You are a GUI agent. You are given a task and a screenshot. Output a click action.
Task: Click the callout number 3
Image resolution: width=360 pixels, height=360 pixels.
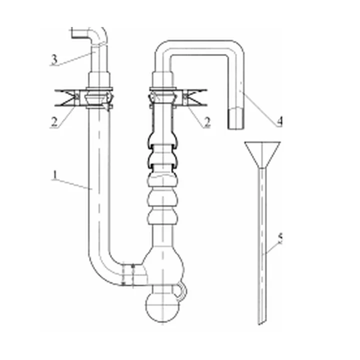click(x=54, y=59)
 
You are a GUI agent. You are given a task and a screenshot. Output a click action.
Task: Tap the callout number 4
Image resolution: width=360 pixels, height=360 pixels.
click(x=279, y=121)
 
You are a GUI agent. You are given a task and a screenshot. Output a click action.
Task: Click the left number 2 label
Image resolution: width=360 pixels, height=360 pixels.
click(x=54, y=121)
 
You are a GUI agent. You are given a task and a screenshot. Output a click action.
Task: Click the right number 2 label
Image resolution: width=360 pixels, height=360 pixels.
click(x=207, y=121)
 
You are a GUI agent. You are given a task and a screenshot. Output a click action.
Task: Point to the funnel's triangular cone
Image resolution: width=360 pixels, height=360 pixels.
click(x=262, y=154)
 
